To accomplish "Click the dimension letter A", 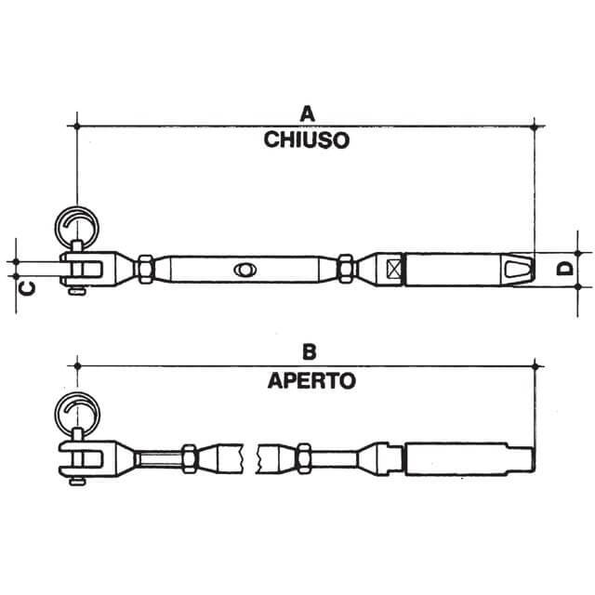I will tap(307, 113).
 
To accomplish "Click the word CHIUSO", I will tap(307, 141).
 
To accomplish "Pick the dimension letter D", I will tap(563, 270).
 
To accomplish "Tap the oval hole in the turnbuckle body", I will tap(245, 270).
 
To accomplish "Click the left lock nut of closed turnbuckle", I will tap(146, 270).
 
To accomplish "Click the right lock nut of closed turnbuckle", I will tap(346, 270).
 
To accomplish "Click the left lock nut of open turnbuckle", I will tap(189, 456).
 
